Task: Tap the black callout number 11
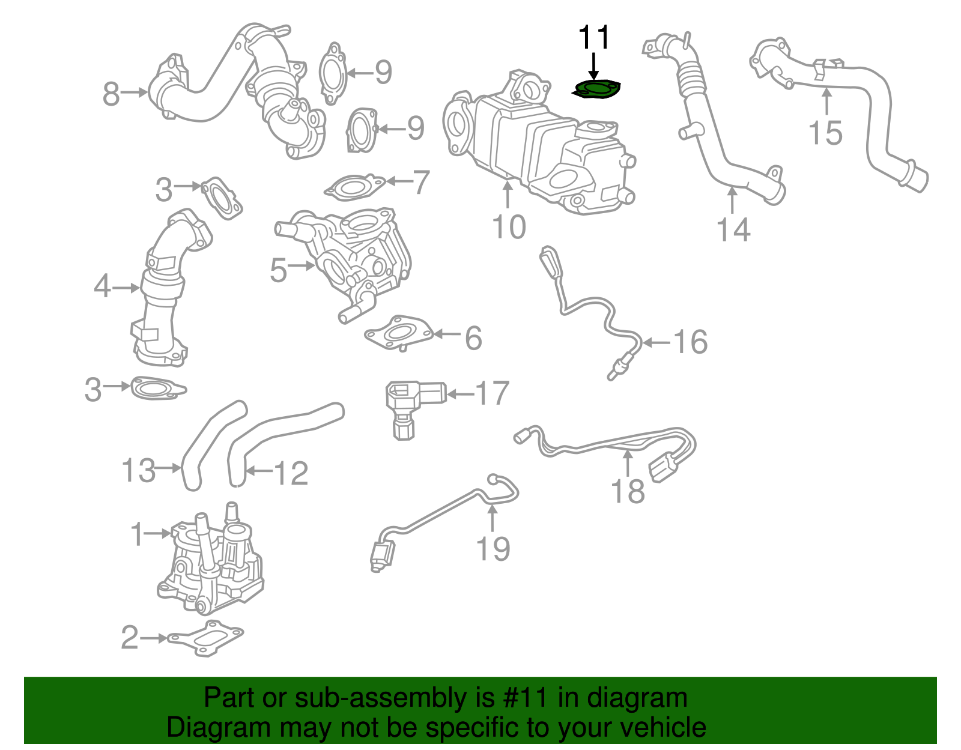pyautogui.click(x=593, y=38)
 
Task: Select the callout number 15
pyautogui.click(x=825, y=133)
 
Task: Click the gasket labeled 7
pyautogui.click(x=355, y=187)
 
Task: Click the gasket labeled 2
pyautogui.click(x=205, y=638)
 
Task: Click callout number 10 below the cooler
pyautogui.click(x=508, y=227)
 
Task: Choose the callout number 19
pyautogui.click(x=493, y=549)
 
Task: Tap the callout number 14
pyautogui.click(x=733, y=230)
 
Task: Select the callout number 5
pyautogui.click(x=278, y=270)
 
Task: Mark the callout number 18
pyautogui.click(x=628, y=491)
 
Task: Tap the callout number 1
pyautogui.click(x=138, y=534)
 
